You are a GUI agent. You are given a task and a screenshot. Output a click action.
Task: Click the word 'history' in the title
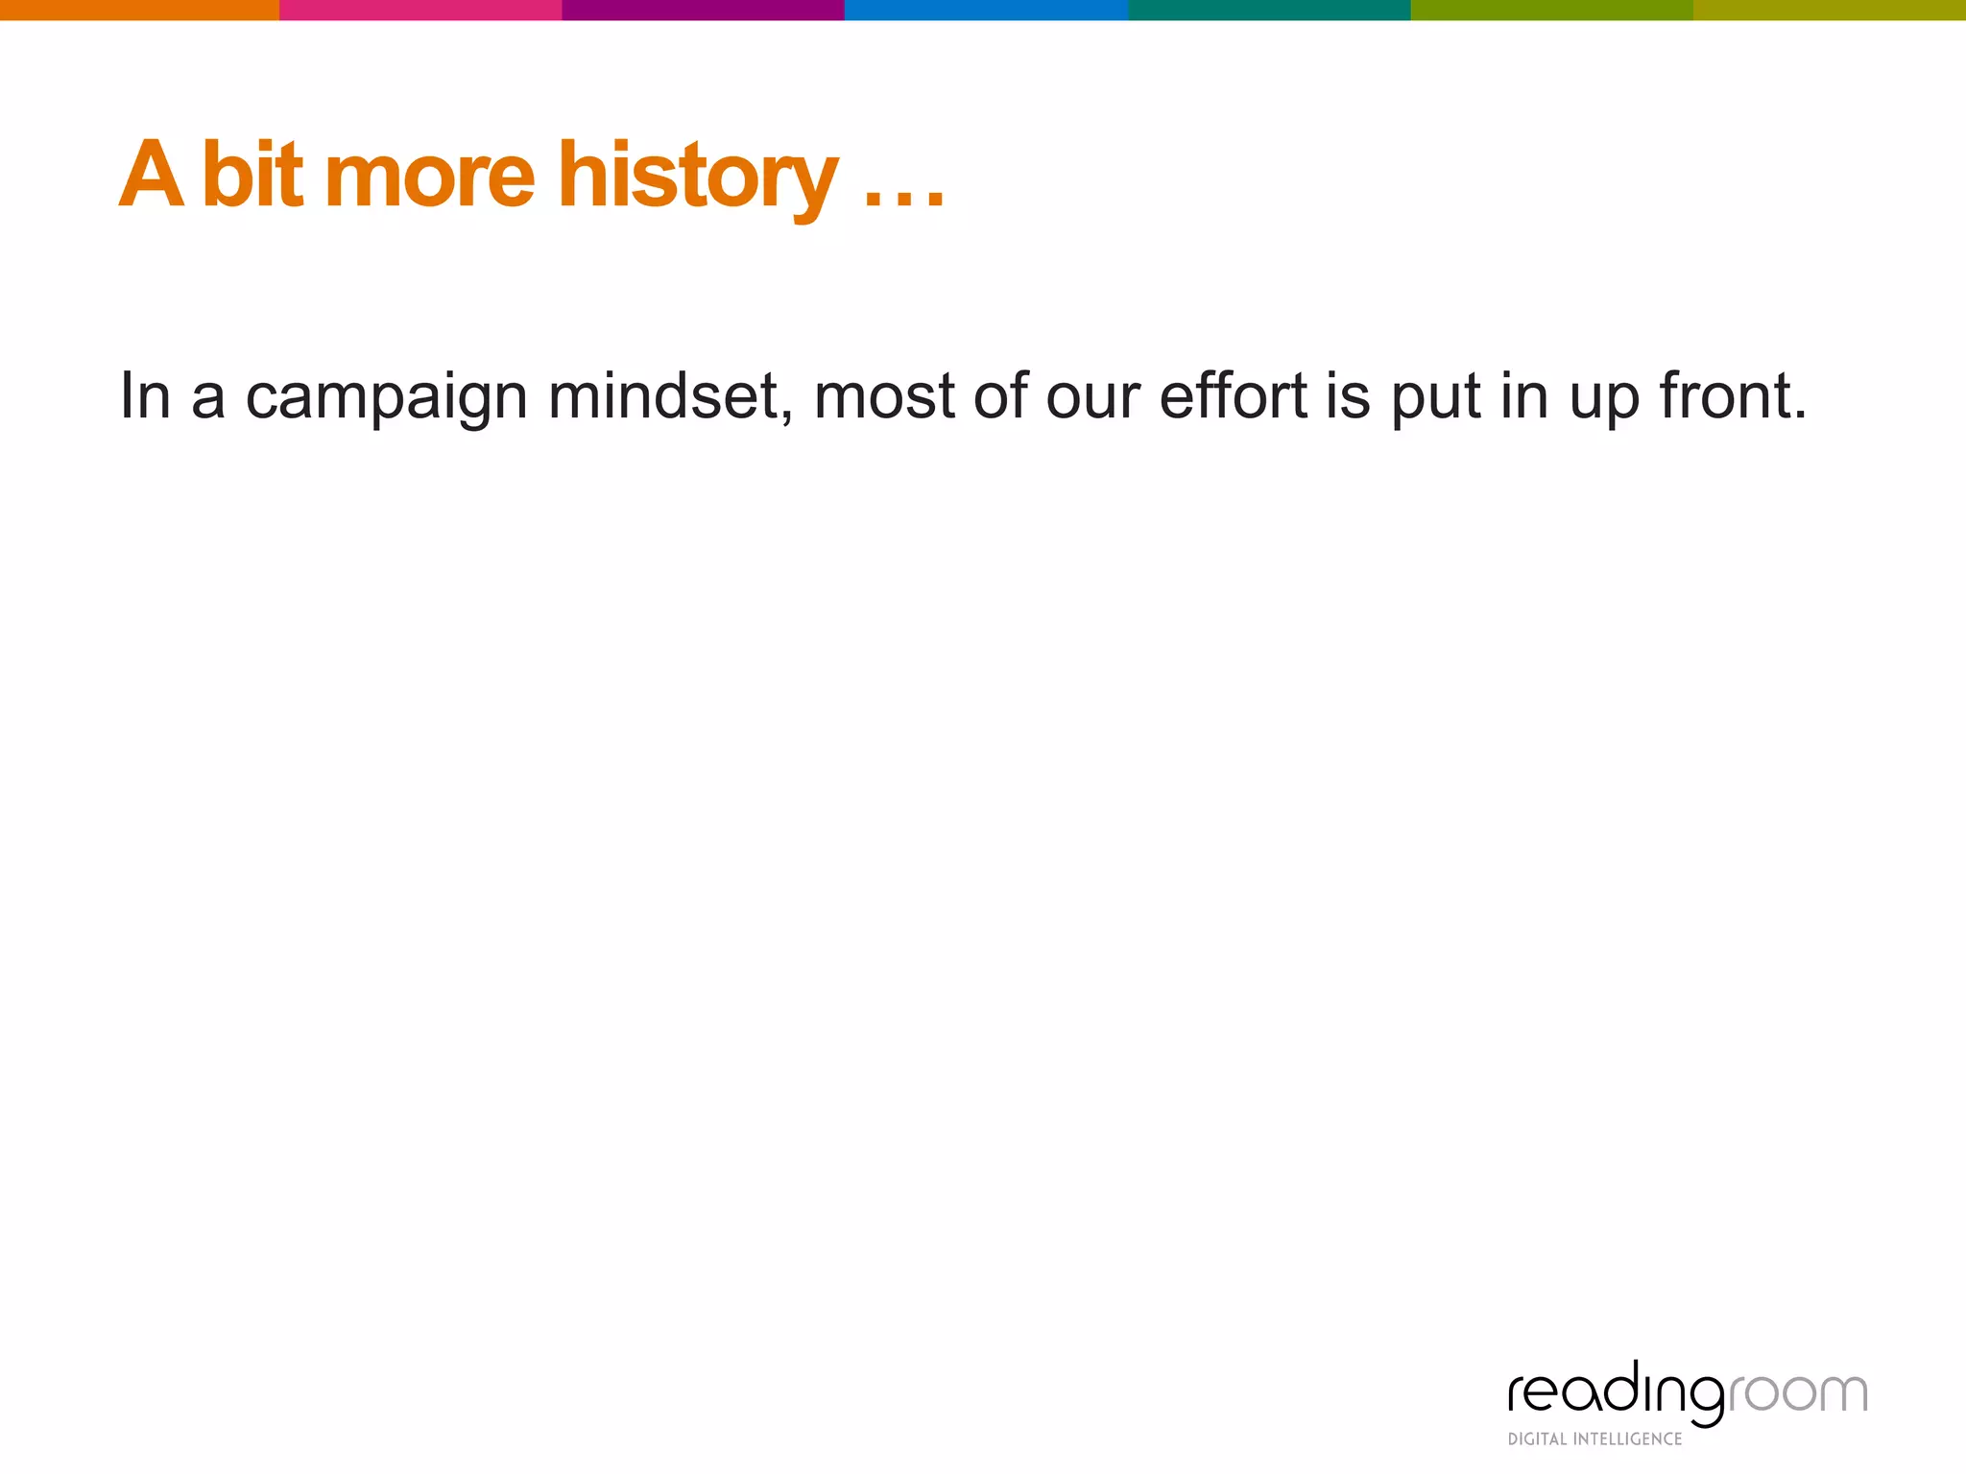698,178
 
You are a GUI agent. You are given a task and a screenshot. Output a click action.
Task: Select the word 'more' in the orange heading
429,178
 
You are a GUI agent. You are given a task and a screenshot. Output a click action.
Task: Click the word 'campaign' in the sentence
387,396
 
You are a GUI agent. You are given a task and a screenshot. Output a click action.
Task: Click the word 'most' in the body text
884,396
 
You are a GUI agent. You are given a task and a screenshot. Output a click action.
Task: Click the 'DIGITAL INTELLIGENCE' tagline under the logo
1594,1438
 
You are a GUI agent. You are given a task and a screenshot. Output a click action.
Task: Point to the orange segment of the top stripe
139,10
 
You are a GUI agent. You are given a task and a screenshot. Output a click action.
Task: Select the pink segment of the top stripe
420,10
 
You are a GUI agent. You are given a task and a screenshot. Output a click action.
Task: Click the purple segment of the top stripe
703,10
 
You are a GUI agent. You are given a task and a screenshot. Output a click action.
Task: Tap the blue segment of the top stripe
986,10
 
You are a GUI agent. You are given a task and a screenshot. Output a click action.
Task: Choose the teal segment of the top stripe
1269,10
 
